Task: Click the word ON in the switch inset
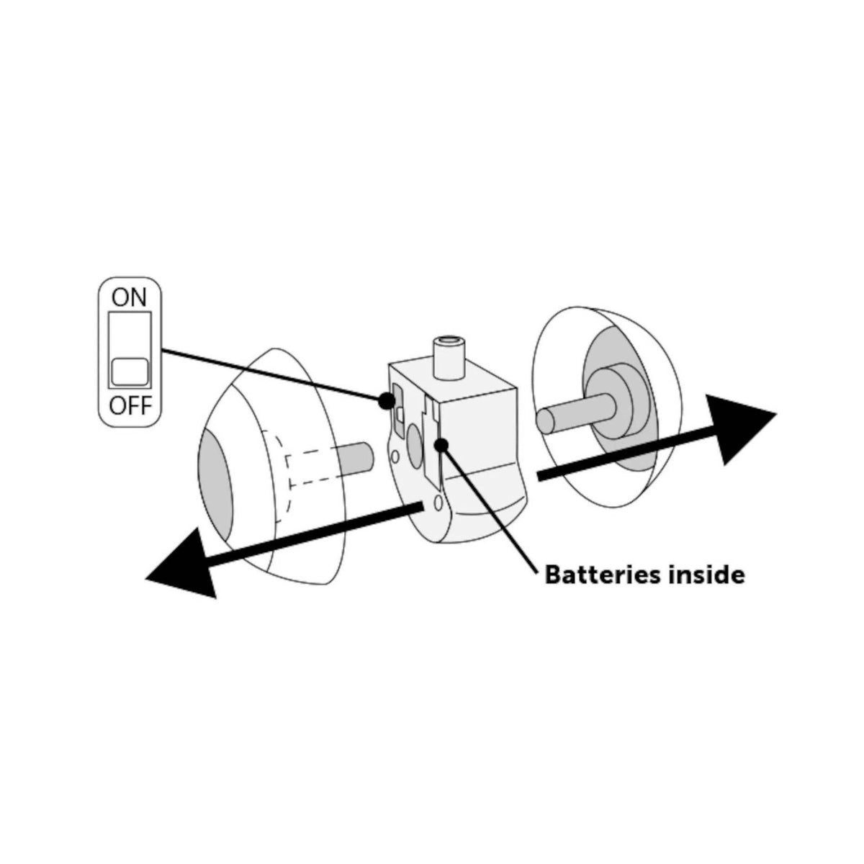[x=129, y=297]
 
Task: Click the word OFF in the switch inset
[x=130, y=406]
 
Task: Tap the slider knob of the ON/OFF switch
[x=130, y=372]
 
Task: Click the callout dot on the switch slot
[x=386, y=400]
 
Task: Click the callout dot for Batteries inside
[x=441, y=445]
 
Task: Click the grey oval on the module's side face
[x=414, y=444]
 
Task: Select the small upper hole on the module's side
[x=395, y=457]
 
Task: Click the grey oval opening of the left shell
[x=215, y=485]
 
